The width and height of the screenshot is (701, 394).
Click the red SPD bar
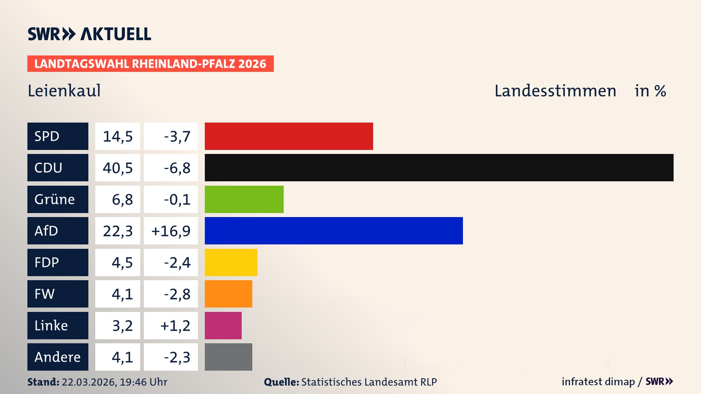tap(289, 136)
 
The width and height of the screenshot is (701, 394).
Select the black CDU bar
tap(439, 167)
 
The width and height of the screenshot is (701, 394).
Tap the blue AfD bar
tap(334, 231)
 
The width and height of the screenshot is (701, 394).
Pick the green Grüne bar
tap(244, 199)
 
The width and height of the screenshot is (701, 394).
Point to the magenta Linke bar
tap(223, 325)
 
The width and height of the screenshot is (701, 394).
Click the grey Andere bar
tap(228, 357)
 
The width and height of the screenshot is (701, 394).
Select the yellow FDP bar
tap(231, 262)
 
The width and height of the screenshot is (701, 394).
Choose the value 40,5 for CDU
tap(118, 168)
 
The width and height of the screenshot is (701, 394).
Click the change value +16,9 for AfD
tap(171, 231)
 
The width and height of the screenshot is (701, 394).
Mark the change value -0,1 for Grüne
tap(177, 200)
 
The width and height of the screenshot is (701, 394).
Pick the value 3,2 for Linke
tap(122, 326)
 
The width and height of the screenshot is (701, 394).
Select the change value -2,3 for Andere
tap(177, 357)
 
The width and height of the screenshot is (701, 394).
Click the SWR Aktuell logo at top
tap(89, 34)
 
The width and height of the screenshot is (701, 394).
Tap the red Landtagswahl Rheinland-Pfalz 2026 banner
tap(150, 64)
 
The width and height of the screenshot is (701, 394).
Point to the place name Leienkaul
tap(64, 90)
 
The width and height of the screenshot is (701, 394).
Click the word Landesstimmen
tap(555, 90)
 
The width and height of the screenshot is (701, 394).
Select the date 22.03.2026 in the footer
tap(89, 382)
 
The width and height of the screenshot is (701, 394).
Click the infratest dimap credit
tap(598, 382)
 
